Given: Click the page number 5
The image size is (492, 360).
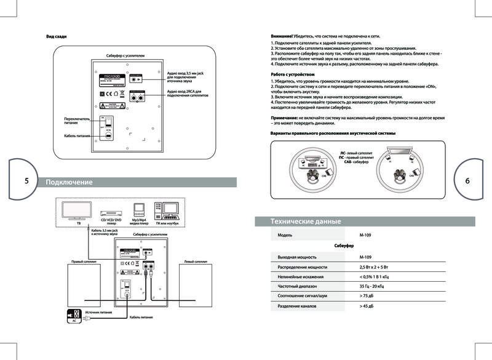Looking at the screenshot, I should point(26,181).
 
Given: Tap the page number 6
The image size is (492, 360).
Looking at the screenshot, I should point(467,181).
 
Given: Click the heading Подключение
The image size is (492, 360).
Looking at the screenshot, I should point(69,182).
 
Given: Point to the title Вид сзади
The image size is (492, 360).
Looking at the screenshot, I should point(57,36).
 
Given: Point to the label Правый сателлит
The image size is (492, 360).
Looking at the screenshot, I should point(82,262).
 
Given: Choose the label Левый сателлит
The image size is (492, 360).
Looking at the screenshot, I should point(196,262).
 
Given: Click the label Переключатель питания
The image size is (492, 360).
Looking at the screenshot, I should point(77,120).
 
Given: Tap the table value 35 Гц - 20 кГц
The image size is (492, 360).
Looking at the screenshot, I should point(375,286).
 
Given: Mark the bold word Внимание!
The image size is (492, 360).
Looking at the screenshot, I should point(282,37).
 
